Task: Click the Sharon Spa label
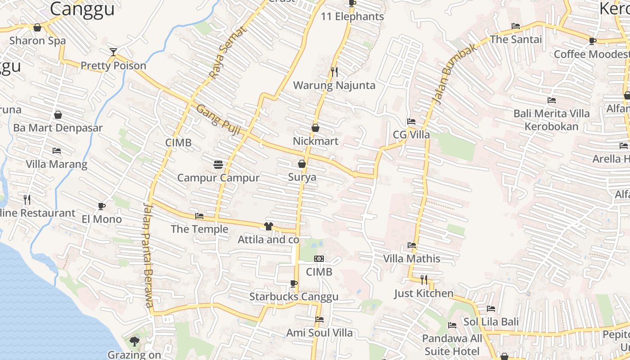point(37,40)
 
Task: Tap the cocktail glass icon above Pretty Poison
point(113,52)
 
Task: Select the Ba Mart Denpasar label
point(58,128)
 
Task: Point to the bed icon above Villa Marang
point(57,151)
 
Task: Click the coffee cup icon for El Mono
point(102,206)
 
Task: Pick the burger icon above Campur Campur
point(218,165)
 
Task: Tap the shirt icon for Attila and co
point(269,226)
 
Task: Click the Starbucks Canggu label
point(293,297)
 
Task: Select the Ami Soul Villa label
point(319,333)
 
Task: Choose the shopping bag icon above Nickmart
point(315,128)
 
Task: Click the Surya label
point(302,177)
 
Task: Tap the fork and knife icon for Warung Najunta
point(334,72)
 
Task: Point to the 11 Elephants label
point(352,17)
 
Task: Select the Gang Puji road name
point(218,119)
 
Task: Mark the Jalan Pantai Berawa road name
point(148,255)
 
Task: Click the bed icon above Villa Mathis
point(411,245)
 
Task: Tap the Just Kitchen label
point(423,293)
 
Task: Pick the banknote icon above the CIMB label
point(319,259)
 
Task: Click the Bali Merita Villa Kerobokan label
point(551,120)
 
